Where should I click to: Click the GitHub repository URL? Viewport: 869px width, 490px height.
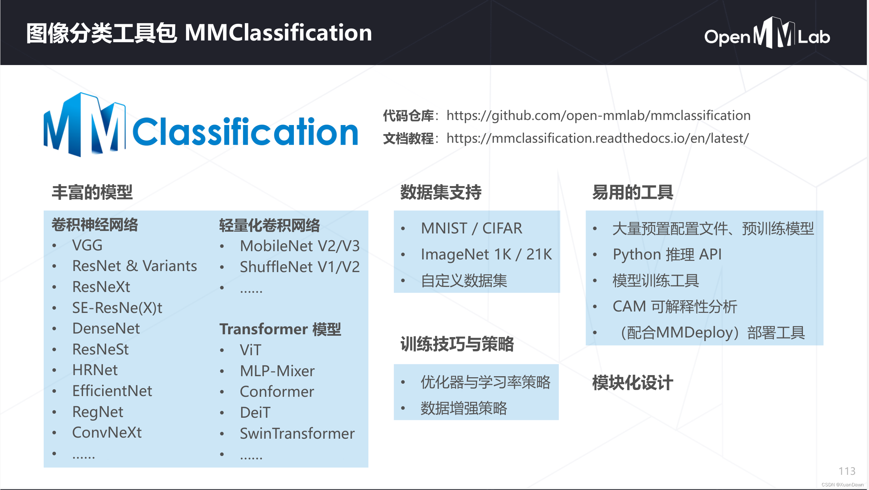[598, 116]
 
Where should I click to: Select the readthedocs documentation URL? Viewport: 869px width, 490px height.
[598, 138]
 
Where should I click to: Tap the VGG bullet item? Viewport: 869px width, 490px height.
[87, 245]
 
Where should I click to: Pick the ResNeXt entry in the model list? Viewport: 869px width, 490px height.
[101, 287]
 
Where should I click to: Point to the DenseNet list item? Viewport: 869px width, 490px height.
[106, 328]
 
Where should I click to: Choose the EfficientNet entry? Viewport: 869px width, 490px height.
[112, 391]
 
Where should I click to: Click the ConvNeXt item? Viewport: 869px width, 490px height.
[107, 433]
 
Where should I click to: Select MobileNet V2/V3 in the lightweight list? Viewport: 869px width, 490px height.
[300, 246]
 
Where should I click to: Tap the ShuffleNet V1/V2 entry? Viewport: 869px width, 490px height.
[300, 267]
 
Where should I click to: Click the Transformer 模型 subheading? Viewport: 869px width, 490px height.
[280, 329]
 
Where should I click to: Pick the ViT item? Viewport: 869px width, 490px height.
[250, 350]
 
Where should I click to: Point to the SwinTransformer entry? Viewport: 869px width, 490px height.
[297, 434]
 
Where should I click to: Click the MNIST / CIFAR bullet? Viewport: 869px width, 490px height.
[472, 228]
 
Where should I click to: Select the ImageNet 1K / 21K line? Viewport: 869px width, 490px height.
[486, 254]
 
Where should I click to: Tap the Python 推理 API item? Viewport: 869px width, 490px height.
[667, 254]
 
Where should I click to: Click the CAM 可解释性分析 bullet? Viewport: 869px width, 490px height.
[674, 306]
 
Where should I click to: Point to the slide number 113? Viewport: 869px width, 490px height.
[847, 471]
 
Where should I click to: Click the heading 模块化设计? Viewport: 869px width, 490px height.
[633, 383]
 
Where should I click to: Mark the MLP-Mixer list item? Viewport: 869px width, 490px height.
[277, 371]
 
